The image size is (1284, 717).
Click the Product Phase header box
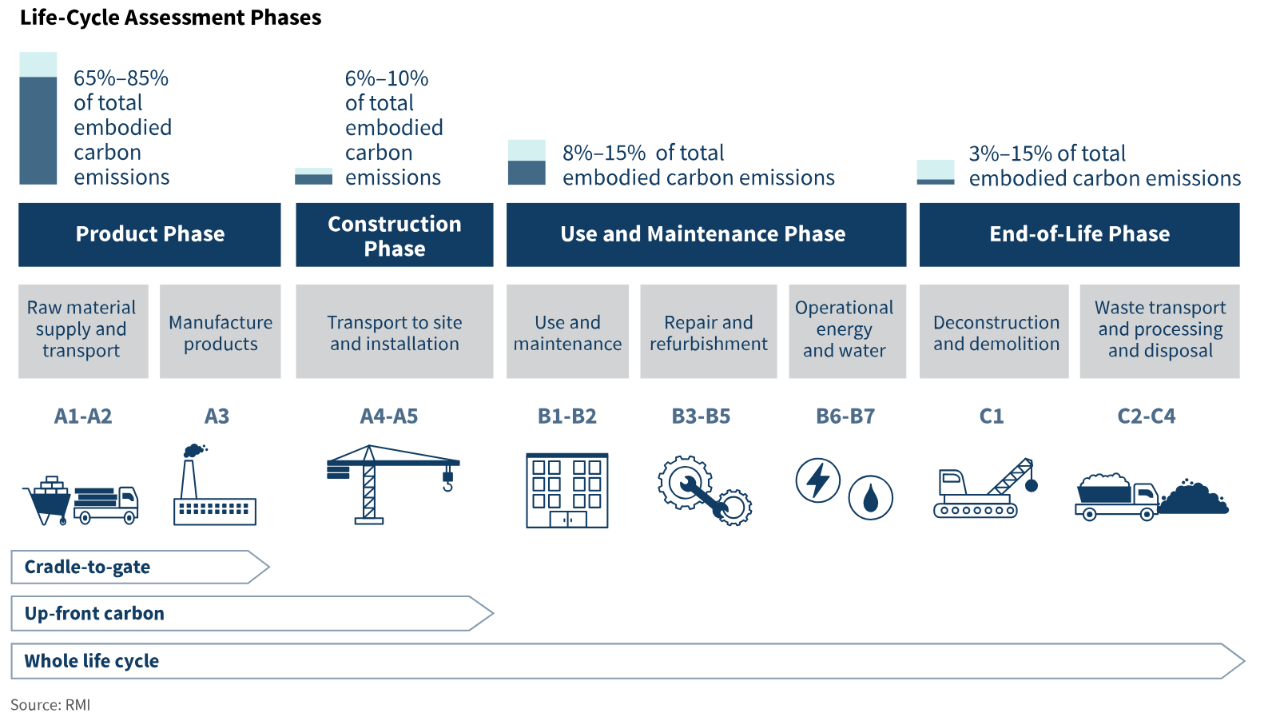[x=149, y=234]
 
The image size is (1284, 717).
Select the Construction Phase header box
[x=395, y=234]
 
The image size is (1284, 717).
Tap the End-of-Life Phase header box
[x=1079, y=234]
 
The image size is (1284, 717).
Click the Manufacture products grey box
[x=220, y=332]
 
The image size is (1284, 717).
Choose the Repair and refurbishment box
[x=709, y=332]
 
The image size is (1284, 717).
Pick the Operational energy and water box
[x=847, y=332]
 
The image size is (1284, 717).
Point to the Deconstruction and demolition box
[x=994, y=332]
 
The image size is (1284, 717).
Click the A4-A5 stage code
[x=388, y=416]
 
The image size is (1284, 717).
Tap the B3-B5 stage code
[x=701, y=416]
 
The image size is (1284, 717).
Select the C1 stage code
[x=991, y=416]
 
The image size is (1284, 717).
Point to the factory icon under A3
[x=214, y=484]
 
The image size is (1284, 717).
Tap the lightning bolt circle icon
[x=818, y=480]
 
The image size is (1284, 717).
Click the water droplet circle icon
[x=870, y=497]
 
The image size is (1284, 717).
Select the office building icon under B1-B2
[x=567, y=491]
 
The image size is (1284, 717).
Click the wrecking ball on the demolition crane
[x=1032, y=486]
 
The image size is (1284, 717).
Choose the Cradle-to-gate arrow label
[x=87, y=567]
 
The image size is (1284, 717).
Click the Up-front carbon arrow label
[x=94, y=613]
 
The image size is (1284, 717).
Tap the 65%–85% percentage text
[x=121, y=78]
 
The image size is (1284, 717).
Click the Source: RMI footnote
[x=50, y=704]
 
